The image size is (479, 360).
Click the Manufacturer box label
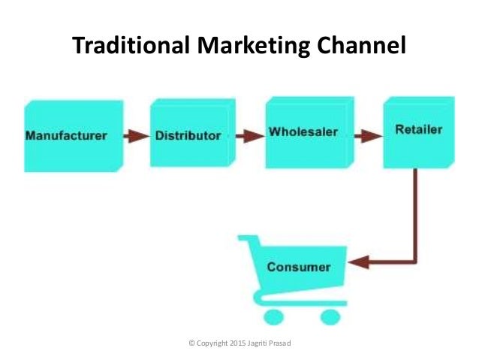click(x=66, y=136)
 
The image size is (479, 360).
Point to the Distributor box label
click(x=188, y=136)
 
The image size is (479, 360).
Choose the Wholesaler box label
click(x=303, y=132)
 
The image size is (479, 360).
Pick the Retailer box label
click(x=418, y=129)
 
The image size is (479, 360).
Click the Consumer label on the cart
click(x=299, y=267)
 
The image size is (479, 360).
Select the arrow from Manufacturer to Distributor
click(x=137, y=136)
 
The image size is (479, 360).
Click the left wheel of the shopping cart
click(x=274, y=315)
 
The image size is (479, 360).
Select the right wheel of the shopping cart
click(x=330, y=315)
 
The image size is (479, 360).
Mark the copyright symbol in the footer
click(x=192, y=343)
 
